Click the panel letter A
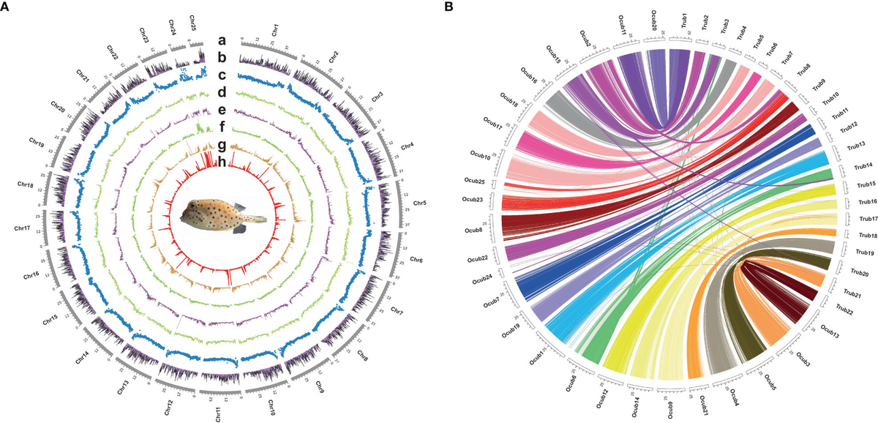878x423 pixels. click(6, 7)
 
